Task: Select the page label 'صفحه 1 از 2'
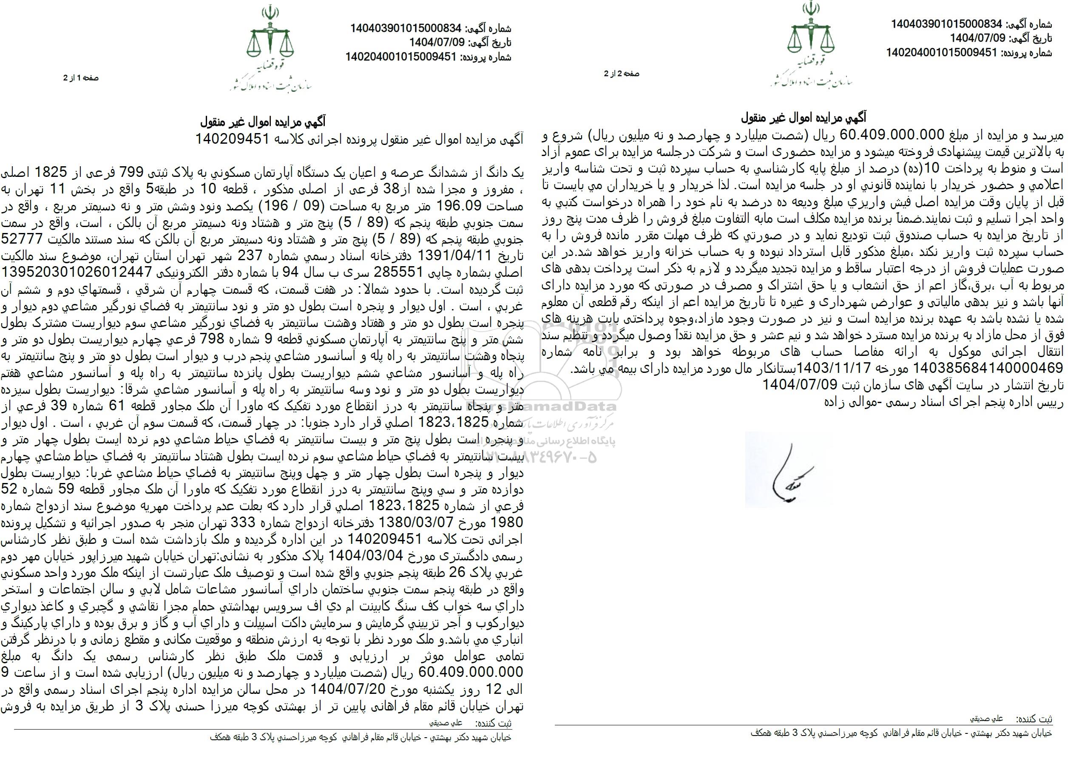pos(81,78)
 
